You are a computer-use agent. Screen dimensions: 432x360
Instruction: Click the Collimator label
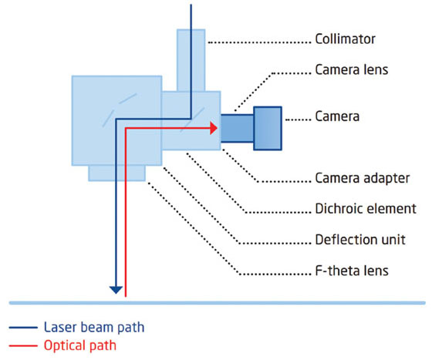click(345, 39)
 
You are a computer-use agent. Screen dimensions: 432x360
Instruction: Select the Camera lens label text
click(352, 69)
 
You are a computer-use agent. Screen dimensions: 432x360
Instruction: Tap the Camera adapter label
click(363, 178)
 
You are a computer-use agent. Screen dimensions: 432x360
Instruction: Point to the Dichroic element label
click(366, 209)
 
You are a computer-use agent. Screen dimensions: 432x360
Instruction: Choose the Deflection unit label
click(360, 240)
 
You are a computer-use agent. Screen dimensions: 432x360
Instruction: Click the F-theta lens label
click(352, 271)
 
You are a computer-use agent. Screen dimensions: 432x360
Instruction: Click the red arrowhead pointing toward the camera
click(214, 128)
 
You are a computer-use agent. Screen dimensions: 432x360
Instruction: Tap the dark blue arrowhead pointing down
click(116, 290)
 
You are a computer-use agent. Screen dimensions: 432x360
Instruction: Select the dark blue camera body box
click(268, 128)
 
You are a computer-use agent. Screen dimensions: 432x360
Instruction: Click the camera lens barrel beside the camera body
click(238, 128)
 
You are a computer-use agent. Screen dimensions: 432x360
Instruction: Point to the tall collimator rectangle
click(191, 60)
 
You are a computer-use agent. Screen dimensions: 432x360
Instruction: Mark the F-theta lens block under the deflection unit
click(116, 173)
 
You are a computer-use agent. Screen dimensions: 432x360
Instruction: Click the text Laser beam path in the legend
click(94, 328)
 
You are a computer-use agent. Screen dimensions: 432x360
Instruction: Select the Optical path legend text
click(80, 345)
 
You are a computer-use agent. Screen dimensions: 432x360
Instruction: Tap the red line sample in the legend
click(23, 345)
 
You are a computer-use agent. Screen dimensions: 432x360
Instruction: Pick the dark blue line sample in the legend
click(23, 328)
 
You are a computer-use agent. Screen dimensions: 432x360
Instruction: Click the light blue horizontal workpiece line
click(217, 303)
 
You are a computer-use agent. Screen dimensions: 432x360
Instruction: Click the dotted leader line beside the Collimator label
click(259, 42)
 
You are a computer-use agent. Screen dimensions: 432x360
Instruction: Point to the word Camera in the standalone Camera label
click(337, 116)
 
